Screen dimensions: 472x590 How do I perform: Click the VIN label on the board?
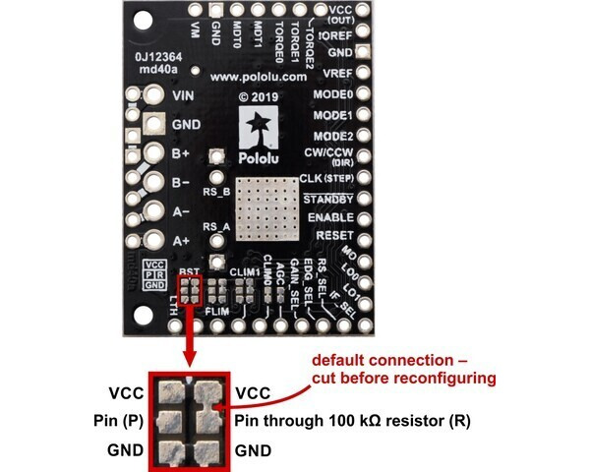[183, 96]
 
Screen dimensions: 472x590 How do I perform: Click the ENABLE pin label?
[330, 217]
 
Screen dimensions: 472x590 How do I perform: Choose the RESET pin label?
[335, 236]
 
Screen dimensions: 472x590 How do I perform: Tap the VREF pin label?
[334, 73]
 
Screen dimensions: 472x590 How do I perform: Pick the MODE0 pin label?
[332, 94]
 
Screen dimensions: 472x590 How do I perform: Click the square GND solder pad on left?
[153, 125]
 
